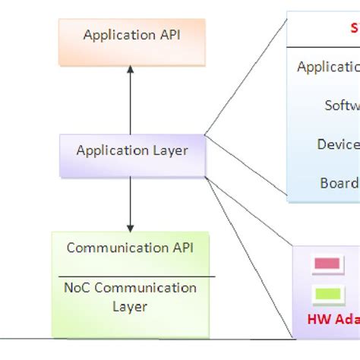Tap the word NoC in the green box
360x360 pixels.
pyautogui.click(x=78, y=289)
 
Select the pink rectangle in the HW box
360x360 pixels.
pyautogui.click(x=327, y=265)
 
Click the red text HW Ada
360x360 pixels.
pyautogui.click(x=333, y=320)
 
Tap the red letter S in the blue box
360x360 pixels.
pyautogui.click(x=354, y=28)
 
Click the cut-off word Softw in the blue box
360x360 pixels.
pyautogui.click(x=342, y=106)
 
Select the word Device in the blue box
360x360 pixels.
pyautogui.click(x=338, y=144)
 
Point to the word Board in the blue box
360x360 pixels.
pyautogui.click(x=339, y=183)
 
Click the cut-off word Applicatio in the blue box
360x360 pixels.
pyautogui.click(x=328, y=67)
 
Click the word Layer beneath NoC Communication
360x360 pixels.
pyautogui.click(x=130, y=307)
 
